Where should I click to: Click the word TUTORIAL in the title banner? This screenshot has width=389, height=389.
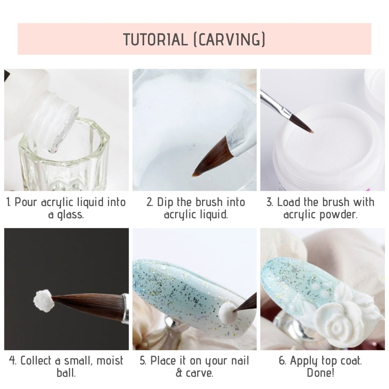155,40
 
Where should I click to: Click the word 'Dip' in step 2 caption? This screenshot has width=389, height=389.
165,202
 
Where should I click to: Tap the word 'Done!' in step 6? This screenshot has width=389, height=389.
320,372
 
